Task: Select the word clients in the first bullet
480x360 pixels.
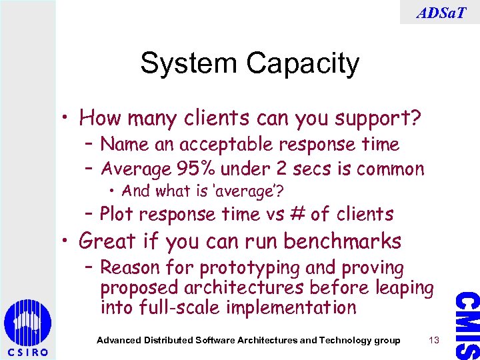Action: click(x=239, y=119)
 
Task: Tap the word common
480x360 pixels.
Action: click(x=392, y=169)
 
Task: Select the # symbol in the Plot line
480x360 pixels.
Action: click(x=298, y=214)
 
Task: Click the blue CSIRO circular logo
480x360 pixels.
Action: click(x=27, y=323)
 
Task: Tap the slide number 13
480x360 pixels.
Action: click(x=434, y=341)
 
